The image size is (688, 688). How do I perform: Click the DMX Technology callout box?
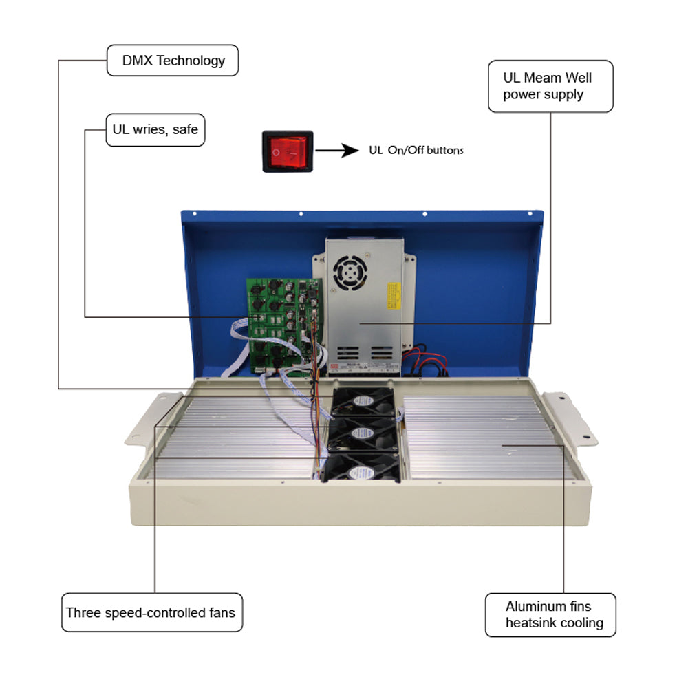[x=173, y=61]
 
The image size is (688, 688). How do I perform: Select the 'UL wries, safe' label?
[x=155, y=129]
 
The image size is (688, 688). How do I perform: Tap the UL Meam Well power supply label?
[x=550, y=86]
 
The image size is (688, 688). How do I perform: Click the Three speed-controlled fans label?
[x=151, y=612]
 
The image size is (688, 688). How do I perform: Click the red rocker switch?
[x=287, y=151]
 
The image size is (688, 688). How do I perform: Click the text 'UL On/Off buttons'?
[x=416, y=151]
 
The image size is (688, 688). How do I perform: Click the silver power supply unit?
[x=364, y=303]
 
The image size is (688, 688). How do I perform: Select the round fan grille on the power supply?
[x=349, y=272]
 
